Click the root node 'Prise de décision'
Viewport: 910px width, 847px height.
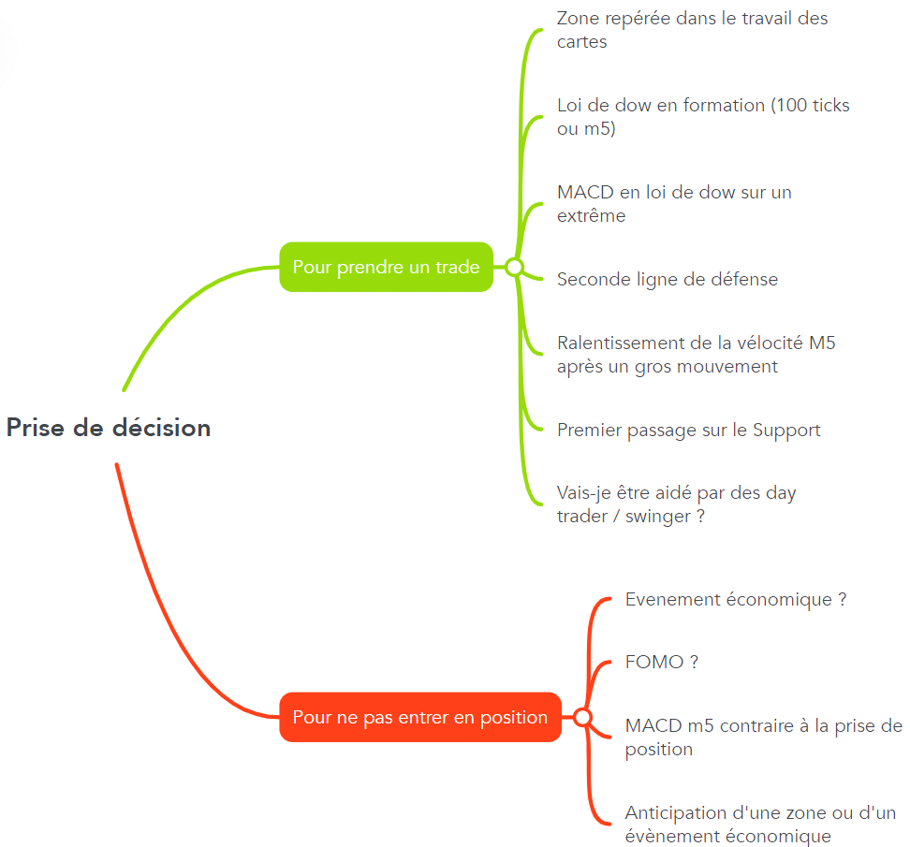[x=109, y=428]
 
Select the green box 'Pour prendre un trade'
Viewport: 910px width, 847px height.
[x=386, y=267]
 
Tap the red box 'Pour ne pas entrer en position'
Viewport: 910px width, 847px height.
[x=420, y=717]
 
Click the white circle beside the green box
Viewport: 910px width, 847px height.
[x=514, y=267]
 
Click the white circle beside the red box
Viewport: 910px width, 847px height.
[x=582, y=717]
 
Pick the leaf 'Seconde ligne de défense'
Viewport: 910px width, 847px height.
[x=668, y=279]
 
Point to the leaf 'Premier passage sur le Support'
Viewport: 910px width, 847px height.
[x=689, y=430]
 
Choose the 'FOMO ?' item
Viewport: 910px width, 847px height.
[x=662, y=662]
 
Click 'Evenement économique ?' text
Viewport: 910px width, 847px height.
[x=736, y=599]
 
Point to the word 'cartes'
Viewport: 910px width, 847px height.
[x=582, y=42]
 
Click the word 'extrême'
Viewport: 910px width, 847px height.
[x=592, y=215]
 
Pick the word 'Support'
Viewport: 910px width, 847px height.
[x=786, y=431]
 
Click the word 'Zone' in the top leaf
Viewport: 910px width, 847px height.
[x=578, y=18]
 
